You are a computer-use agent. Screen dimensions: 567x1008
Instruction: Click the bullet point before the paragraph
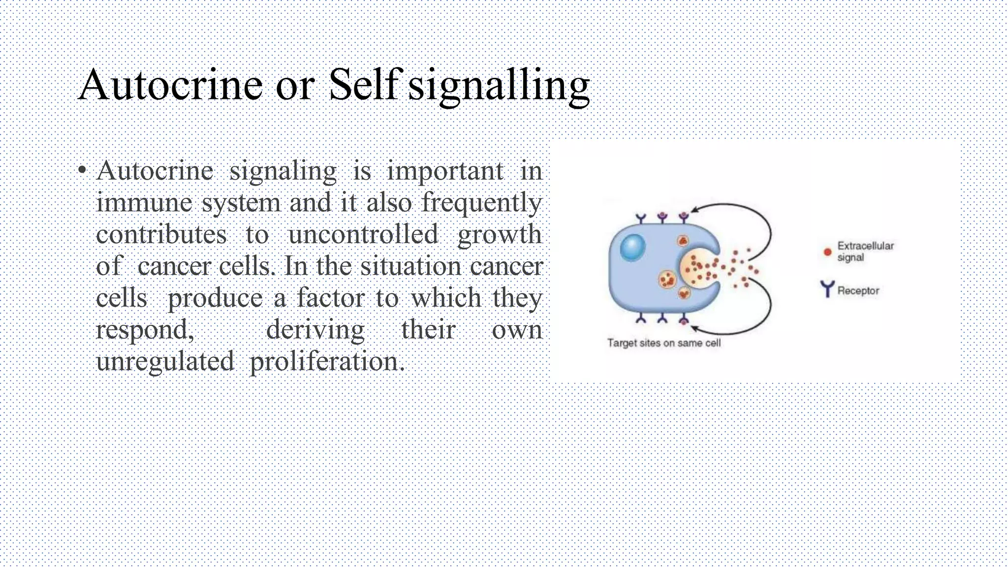(x=82, y=171)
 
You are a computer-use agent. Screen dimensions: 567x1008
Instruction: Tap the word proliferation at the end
(x=327, y=361)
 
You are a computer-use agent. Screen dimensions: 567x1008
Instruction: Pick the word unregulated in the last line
(x=165, y=361)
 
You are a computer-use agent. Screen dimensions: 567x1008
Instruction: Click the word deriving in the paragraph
(x=315, y=329)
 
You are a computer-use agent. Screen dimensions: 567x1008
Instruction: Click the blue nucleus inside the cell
(x=632, y=247)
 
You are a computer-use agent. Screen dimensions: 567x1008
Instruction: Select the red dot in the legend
(x=827, y=252)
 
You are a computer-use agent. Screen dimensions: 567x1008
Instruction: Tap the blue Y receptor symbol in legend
(x=827, y=289)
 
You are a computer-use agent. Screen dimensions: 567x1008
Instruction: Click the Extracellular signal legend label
(x=865, y=252)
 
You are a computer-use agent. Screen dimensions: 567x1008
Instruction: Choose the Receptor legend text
(x=858, y=291)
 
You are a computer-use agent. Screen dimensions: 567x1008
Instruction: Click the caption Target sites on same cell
(x=663, y=343)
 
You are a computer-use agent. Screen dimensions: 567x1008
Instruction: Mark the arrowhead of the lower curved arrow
(x=694, y=327)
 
